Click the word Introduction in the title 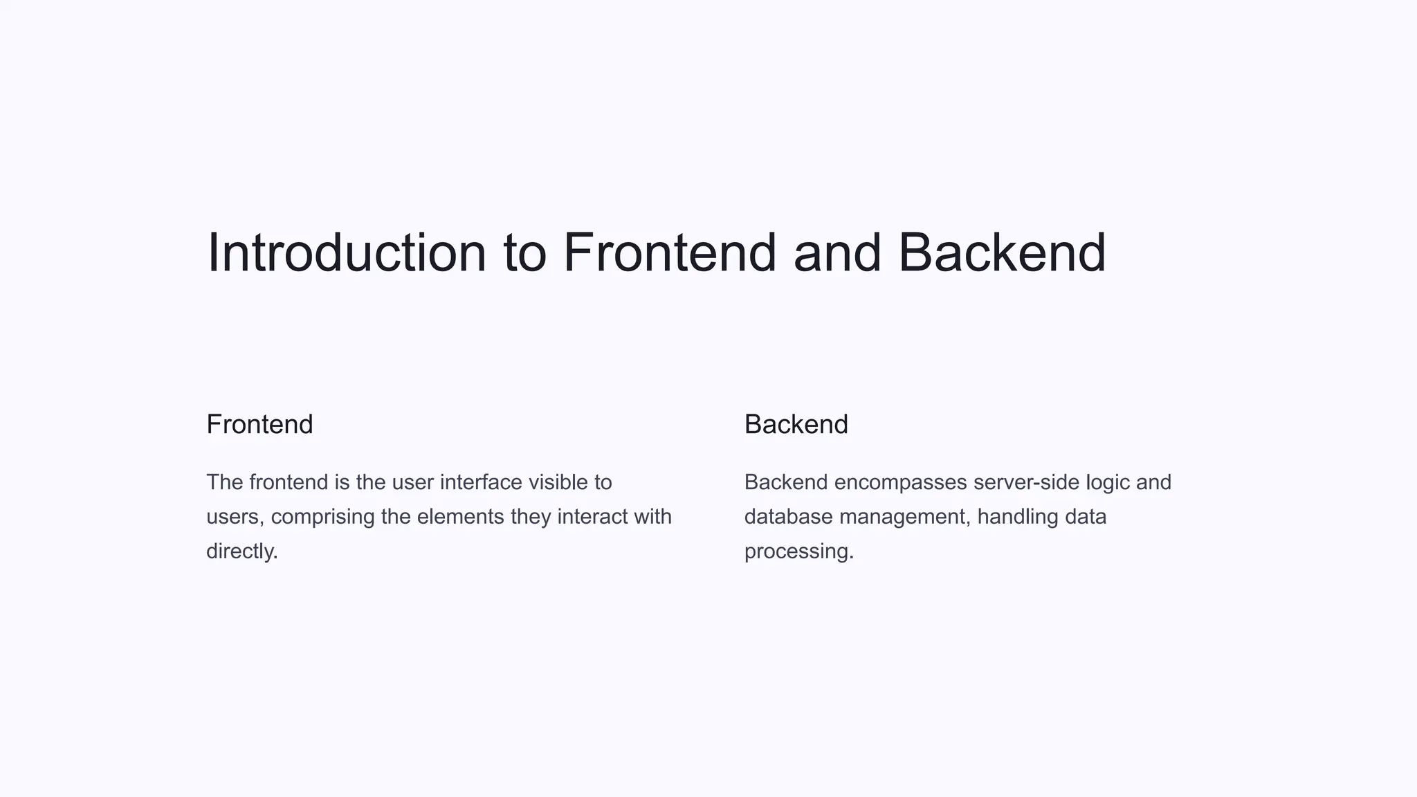click(347, 253)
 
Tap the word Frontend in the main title click(670, 253)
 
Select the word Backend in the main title click(1002, 253)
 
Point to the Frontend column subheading click(259, 424)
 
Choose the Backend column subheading click(796, 424)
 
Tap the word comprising click(322, 517)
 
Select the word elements click(460, 517)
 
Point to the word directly click(241, 551)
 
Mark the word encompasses click(900, 482)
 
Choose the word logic click(1108, 483)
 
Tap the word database click(788, 517)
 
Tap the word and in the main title click(837, 253)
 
